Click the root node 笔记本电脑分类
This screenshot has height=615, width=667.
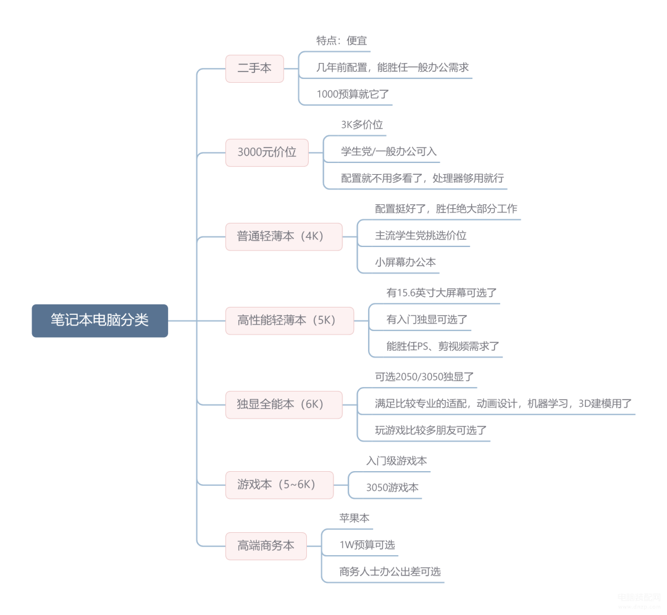[x=99, y=320]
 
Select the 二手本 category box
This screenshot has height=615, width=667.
[x=254, y=69]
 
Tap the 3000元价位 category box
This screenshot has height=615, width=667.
[x=267, y=152]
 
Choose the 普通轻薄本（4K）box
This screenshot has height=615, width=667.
[x=283, y=236]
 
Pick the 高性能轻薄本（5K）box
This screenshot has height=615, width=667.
[x=289, y=320]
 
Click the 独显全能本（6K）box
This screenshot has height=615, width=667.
[x=283, y=404]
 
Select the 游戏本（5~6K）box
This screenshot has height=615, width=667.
[x=279, y=485]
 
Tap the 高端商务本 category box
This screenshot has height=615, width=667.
[x=266, y=546]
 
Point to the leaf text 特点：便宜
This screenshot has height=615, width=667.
[x=342, y=41]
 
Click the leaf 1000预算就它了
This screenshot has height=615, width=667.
[x=353, y=94]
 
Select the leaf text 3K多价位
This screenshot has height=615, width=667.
[x=362, y=125]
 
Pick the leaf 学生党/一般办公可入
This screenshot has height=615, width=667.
[x=389, y=151]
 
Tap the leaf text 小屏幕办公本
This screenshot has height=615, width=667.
[x=405, y=262]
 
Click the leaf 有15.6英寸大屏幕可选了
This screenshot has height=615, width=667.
[x=442, y=293]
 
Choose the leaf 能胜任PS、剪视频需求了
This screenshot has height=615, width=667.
[x=443, y=346]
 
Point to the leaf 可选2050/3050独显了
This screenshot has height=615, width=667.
[x=424, y=376]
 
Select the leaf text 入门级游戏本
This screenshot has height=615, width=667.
[x=396, y=461]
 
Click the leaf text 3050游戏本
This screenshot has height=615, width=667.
[x=392, y=487]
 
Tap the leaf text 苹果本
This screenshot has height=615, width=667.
[x=354, y=518]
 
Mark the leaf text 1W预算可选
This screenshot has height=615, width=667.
[x=367, y=545]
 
